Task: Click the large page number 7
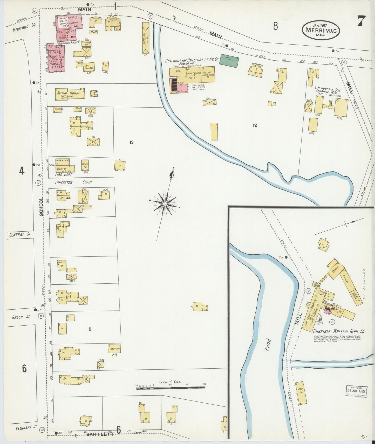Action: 362,21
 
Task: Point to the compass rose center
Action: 165,204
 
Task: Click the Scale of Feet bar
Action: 171,388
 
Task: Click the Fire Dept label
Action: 64,175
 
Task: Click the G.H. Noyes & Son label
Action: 328,90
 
